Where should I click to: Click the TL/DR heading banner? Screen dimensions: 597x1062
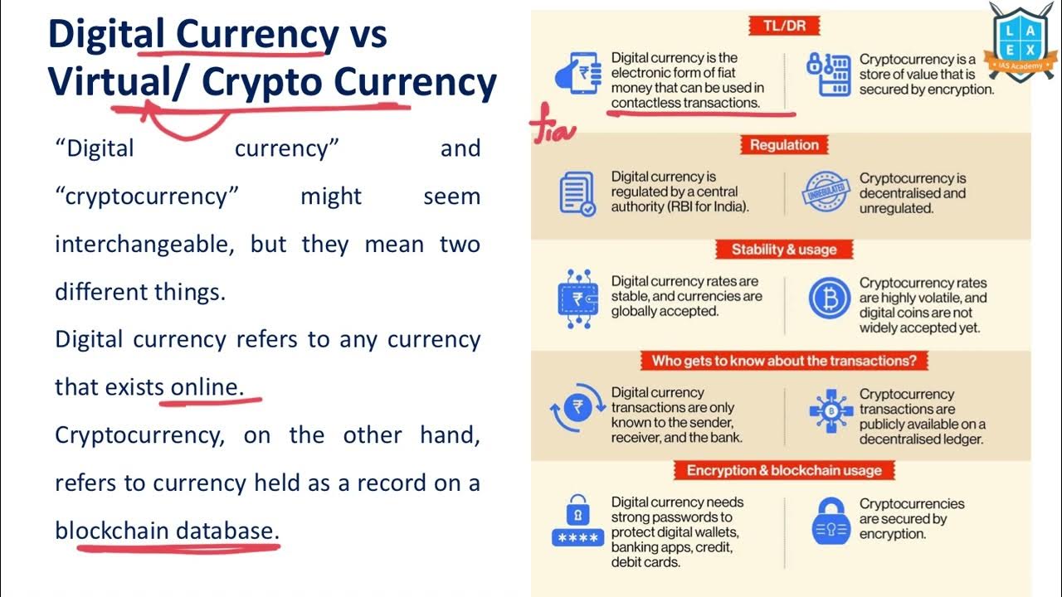pos(783,26)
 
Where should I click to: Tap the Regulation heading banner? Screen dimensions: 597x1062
pos(784,145)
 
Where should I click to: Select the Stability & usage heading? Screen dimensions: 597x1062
pos(784,250)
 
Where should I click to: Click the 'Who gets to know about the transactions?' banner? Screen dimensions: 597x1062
pos(784,361)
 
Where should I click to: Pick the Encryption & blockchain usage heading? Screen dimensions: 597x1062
pos(784,470)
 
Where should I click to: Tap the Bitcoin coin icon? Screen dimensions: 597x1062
pos(830,298)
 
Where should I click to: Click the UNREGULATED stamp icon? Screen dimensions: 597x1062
pos(826,193)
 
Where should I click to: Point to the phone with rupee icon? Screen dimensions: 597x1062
pos(578,74)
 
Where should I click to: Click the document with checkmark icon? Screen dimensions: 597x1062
pos(577,193)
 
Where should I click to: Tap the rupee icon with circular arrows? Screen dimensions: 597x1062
pos(577,408)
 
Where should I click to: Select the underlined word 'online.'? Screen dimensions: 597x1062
pos(207,386)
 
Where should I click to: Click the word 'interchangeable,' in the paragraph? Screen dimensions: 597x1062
pos(145,244)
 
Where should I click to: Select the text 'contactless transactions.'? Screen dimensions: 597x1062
pos(685,103)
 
